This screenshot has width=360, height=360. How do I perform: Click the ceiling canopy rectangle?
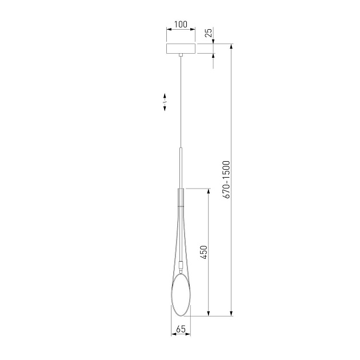[x=181, y=48]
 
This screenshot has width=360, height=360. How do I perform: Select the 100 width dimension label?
[x=181, y=25]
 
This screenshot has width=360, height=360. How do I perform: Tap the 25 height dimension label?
[x=209, y=33]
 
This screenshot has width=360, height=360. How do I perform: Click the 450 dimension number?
[x=203, y=252]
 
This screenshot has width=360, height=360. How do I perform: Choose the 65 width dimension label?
[x=181, y=329]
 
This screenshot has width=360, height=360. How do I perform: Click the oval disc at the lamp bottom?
[x=181, y=294]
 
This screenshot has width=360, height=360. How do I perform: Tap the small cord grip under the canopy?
[x=181, y=55]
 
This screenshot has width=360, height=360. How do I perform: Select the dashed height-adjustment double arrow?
[x=165, y=102]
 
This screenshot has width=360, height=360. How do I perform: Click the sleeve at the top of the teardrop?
[x=181, y=197]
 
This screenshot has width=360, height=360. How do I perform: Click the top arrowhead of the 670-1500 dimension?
[x=232, y=46]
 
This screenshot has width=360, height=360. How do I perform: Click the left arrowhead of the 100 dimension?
[x=168, y=29]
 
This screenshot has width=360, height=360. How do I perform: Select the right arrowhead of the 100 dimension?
[x=194, y=29]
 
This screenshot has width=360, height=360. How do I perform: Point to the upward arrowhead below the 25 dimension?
[x=214, y=57]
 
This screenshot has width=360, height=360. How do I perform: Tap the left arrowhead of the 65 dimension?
[x=174, y=333]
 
